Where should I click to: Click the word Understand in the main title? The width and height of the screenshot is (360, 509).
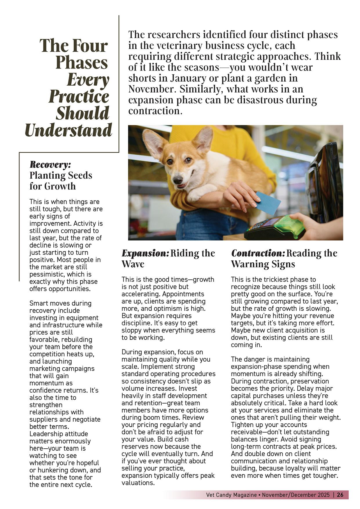click(68, 130)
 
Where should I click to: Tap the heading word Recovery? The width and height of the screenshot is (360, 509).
click(50, 165)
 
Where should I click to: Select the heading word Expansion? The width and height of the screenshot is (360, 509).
click(145, 253)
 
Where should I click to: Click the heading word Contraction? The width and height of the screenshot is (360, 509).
click(258, 253)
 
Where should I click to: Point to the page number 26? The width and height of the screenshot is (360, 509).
click(340, 495)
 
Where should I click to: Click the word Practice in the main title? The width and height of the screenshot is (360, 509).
click(79, 97)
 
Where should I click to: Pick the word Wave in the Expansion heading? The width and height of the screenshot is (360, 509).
click(133, 264)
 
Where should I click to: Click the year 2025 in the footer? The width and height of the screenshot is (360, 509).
click(323, 495)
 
